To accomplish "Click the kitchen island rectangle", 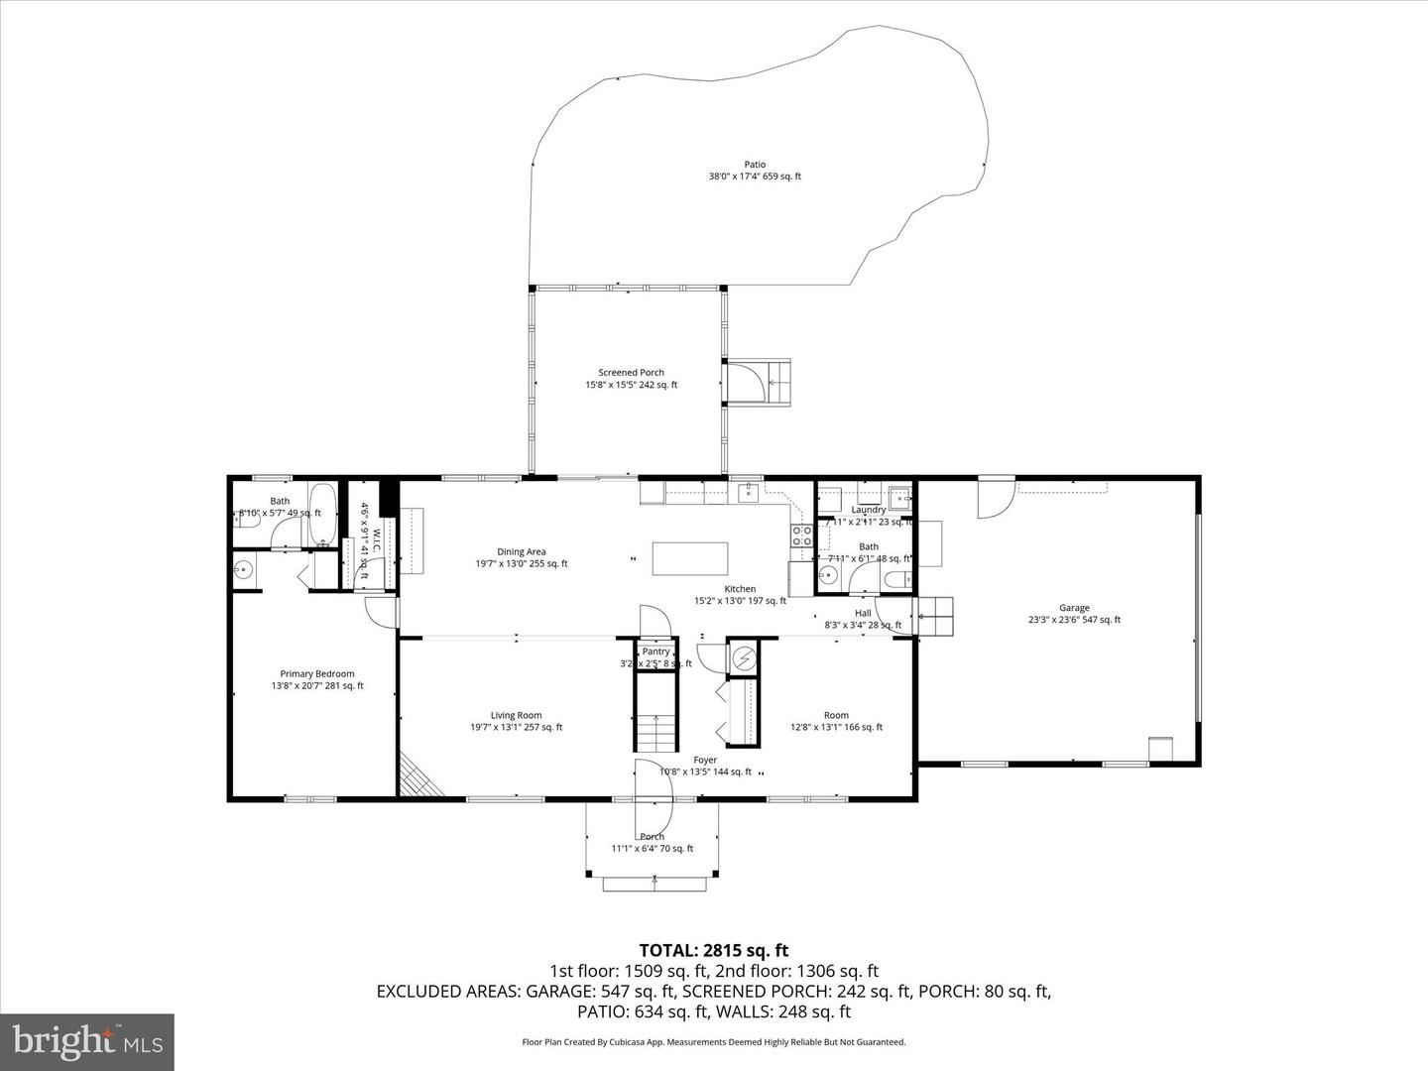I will tap(690, 558).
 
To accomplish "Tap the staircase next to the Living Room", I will tap(654, 732).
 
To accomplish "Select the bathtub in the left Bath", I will tap(323, 513).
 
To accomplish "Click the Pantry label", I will tap(655, 652).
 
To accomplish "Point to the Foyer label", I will tap(705, 761).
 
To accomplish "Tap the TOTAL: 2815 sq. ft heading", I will tap(713, 951).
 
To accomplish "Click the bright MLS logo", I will tap(87, 1041).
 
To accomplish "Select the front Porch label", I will tap(652, 837).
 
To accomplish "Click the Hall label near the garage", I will tap(863, 613).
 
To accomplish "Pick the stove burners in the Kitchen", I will tap(801, 535).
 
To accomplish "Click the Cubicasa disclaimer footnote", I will tap(713, 1042).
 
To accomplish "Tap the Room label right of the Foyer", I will tap(836, 715).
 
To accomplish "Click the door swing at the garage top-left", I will tap(995, 498).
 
